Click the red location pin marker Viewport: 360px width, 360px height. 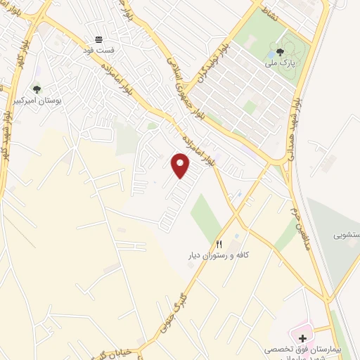pyautogui.click(x=181, y=167)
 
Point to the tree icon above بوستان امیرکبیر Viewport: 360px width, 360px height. pyautogui.click(x=37, y=89)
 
